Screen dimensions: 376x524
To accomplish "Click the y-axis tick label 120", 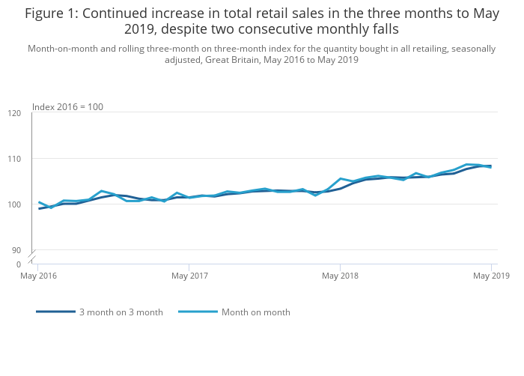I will (14, 113).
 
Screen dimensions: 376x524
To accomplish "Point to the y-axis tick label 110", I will (14, 159).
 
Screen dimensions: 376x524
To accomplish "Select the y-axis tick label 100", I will (14, 204).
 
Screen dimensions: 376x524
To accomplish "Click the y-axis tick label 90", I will (16, 250).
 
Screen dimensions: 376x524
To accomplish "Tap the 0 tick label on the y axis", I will (19, 264).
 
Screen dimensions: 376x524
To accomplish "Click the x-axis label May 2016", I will (38, 276).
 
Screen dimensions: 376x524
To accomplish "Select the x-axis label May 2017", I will (189, 276).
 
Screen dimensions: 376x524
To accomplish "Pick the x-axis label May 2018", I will (341, 276).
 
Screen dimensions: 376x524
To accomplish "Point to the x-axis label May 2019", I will (491, 276).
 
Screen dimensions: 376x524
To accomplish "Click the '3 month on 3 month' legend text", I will (121, 312).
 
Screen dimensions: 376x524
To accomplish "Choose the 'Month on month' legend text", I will (255, 312).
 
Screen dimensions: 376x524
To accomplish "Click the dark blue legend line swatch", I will (55, 312).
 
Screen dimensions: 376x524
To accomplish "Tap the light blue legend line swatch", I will (198, 312).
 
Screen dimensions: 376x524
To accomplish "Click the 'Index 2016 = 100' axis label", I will (67, 107).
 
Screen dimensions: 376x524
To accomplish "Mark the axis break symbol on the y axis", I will (31, 257).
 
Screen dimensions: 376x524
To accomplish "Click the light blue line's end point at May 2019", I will (491, 167).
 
